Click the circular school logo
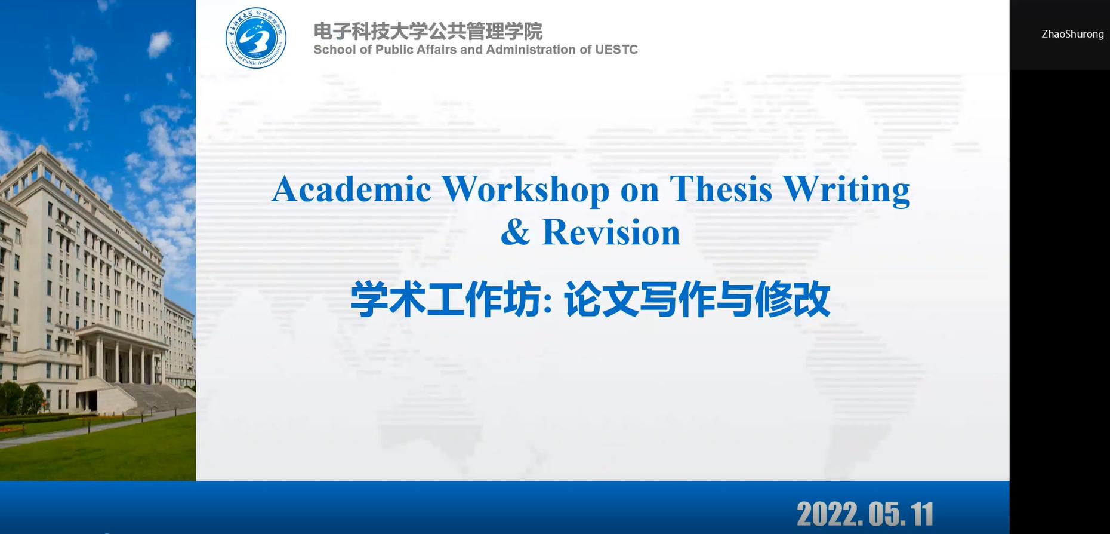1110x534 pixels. click(x=256, y=38)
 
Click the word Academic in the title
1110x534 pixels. click(x=351, y=189)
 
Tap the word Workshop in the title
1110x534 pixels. click(x=526, y=191)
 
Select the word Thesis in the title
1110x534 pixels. click(x=721, y=189)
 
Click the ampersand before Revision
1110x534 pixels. click(x=516, y=232)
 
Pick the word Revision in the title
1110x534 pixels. click(x=611, y=232)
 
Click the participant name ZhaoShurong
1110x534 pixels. click(x=1072, y=34)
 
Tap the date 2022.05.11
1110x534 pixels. click(x=865, y=514)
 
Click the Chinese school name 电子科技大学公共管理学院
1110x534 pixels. click(x=428, y=31)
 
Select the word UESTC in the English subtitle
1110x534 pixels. click(x=616, y=50)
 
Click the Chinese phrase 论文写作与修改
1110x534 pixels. click(x=697, y=299)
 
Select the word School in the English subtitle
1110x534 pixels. click(x=335, y=50)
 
